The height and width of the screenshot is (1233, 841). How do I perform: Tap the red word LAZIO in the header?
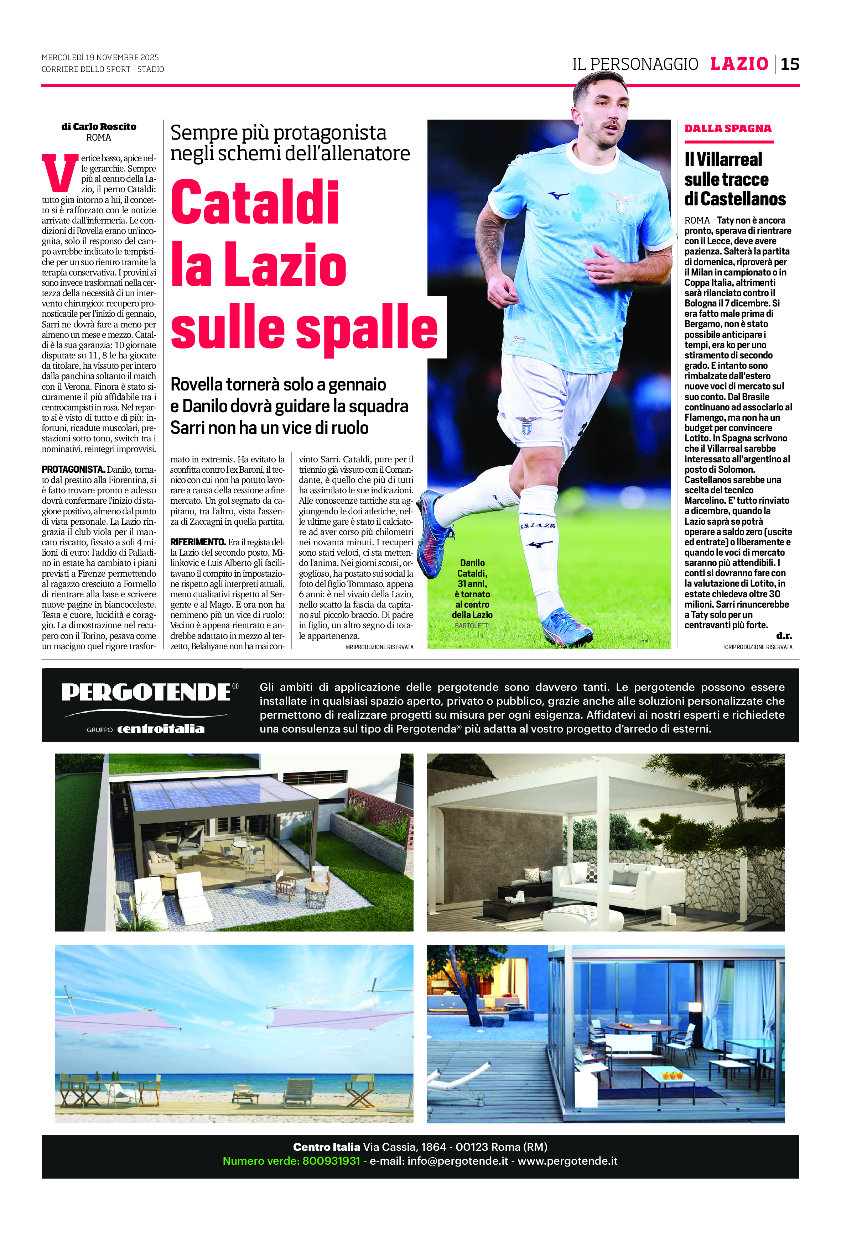(x=739, y=64)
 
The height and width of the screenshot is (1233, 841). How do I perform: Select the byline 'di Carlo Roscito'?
(x=99, y=127)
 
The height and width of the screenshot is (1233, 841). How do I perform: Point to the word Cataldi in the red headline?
(x=255, y=203)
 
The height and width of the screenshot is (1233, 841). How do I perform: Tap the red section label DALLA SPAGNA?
(x=727, y=128)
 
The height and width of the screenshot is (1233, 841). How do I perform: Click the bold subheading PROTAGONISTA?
(x=73, y=469)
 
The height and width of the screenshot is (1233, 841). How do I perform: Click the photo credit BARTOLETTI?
(x=472, y=625)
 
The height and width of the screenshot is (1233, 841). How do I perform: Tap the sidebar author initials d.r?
(x=784, y=636)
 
